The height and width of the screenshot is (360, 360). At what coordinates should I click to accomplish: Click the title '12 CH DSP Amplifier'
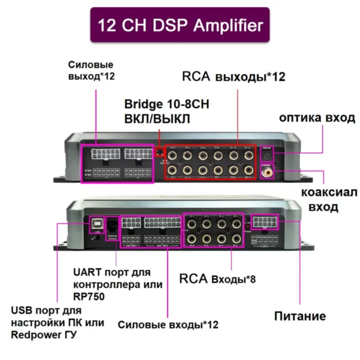[x=180, y=25]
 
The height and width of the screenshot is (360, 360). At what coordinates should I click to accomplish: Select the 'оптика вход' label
[x=317, y=118]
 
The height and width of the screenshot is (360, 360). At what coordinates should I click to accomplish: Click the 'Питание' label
[x=300, y=316]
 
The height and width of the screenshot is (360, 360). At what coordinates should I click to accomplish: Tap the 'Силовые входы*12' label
[x=168, y=325]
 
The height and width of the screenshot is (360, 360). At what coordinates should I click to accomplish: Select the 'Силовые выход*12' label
[x=91, y=70]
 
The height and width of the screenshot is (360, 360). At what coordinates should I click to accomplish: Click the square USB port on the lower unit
[x=96, y=223]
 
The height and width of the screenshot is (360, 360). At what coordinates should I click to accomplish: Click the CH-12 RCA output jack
[x=247, y=155]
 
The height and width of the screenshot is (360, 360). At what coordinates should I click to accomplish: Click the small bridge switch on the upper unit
[x=160, y=152]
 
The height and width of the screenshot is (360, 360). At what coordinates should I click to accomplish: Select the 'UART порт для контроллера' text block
[x=118, y=284]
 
